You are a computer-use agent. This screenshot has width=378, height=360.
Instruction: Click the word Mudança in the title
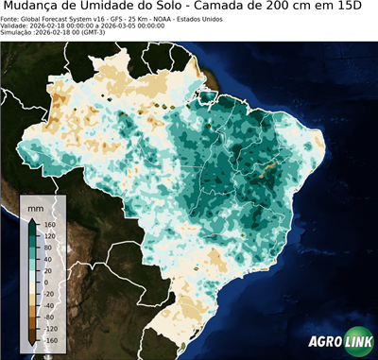coord(41,8)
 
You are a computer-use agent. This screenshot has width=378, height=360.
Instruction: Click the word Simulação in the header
coord(19,34)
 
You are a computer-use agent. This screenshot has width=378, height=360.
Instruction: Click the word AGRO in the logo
coord(323,343)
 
